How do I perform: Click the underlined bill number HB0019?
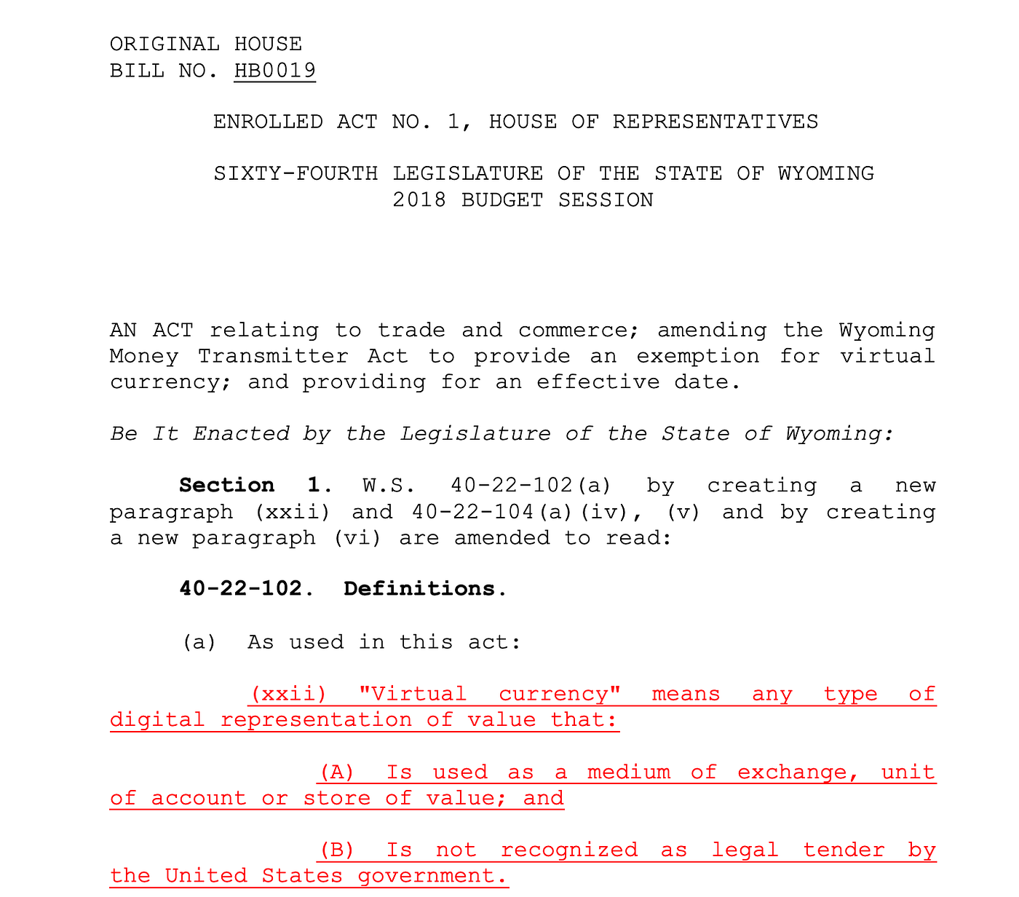pyautogui.click(x=274, y=71)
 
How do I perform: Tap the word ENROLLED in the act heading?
pyautogui.click(x=268, y=122)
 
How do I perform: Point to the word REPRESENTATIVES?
pyautogui.click(x=715, y=122)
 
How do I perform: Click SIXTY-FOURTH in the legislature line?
pyautogui.click(x=296, y=173)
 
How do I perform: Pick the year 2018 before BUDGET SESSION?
pyautogui.click(x=419, y=199)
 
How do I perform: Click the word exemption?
pyautogui.click(x=697, y=356)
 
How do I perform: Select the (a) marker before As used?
pyautogui.click(x=199, y=642)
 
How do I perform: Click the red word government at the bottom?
pyautogui.click(x=432, y=876)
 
